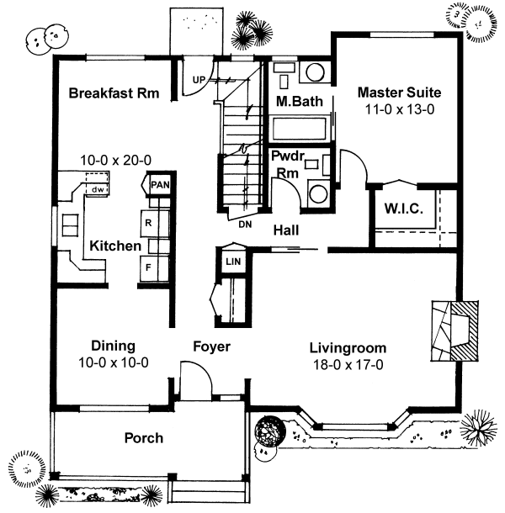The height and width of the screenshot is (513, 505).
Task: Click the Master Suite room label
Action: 399,93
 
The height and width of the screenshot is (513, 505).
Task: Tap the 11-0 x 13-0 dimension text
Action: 400,109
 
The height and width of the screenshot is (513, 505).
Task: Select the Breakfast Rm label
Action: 114,93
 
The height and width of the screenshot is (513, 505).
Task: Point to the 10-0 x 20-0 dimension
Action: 115,161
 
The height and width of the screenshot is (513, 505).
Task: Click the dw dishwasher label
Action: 98,189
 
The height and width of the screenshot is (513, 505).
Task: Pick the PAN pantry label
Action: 160,185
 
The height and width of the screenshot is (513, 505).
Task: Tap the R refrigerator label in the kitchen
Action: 148,223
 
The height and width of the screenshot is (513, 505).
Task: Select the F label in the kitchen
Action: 148,267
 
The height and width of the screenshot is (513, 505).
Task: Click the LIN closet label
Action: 233,262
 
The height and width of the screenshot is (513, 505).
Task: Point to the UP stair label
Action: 199,80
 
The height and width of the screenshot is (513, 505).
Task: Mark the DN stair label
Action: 245,225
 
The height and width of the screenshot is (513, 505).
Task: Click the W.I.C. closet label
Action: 403,208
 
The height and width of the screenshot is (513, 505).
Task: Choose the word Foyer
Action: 211,346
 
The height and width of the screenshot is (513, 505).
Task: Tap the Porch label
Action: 144,438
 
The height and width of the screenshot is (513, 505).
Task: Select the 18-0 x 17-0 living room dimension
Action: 348,364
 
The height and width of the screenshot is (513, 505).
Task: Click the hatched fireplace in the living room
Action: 465,331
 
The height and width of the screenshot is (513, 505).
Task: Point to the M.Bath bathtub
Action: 300,129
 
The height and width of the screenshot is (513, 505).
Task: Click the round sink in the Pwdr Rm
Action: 318,194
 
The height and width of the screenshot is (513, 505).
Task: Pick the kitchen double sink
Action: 70,225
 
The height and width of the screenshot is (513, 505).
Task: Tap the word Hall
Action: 286,230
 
